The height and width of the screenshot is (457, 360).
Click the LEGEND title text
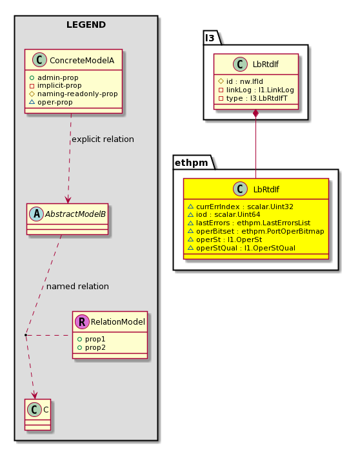86,25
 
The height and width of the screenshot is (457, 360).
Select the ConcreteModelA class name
82,60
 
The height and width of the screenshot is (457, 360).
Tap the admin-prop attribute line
54,77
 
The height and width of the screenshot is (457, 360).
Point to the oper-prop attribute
51,102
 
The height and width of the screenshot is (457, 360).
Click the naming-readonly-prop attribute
74,94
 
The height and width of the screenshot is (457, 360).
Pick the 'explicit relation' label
103,139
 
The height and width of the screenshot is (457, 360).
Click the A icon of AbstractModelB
36,214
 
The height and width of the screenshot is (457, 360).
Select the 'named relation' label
77,287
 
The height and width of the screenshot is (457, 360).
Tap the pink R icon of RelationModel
82,321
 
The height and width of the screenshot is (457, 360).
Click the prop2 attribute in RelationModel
92,347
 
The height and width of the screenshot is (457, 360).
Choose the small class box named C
38,414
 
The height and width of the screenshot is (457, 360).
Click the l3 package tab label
210,38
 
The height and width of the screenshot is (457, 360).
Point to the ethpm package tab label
192,163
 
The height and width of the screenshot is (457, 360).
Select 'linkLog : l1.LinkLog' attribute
256,90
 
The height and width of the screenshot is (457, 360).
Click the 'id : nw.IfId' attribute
241,81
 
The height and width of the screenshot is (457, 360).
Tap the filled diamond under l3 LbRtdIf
255,114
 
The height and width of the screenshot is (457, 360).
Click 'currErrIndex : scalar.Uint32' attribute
241,207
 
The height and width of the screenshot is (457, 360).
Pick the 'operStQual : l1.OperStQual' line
241,248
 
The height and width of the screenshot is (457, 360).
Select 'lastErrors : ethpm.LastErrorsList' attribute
249,223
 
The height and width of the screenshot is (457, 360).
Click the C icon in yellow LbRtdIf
240,189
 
